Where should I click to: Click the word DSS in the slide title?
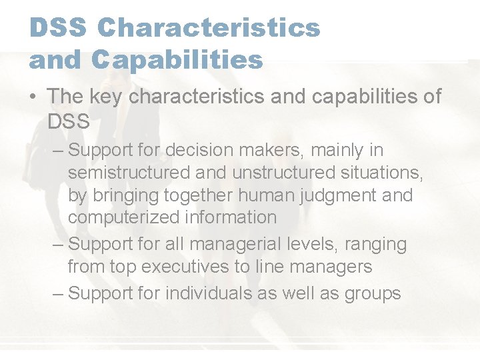[58, 28]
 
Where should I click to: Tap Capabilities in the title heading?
[178, 61]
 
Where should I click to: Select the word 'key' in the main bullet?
[105, 97]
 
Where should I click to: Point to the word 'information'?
[231, 217]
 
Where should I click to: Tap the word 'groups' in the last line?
[371, 294]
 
